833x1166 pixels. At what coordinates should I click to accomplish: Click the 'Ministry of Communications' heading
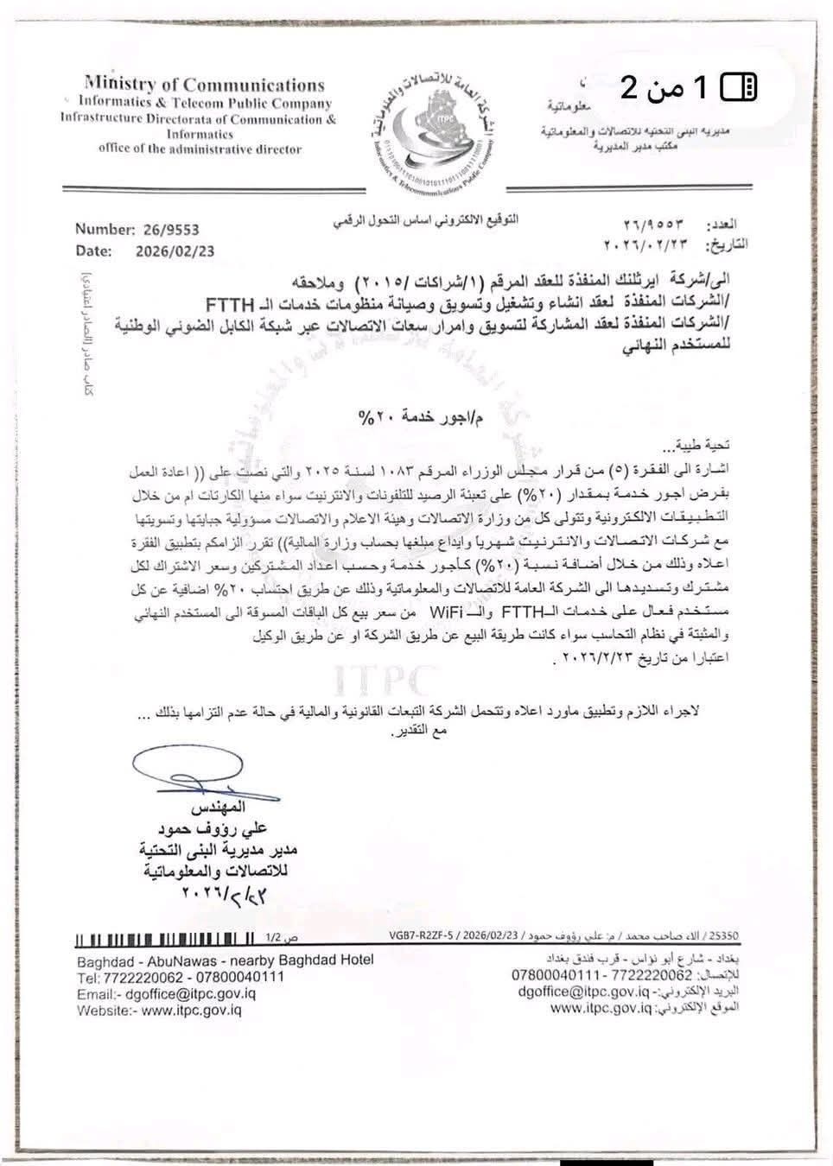click(x=205, y=85)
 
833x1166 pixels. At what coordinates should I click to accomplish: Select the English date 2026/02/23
click(x=175, y=251)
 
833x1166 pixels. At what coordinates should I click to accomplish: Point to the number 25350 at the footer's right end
click(x=723, y=935)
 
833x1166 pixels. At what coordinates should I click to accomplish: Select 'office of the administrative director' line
click(x=200, y=149)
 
